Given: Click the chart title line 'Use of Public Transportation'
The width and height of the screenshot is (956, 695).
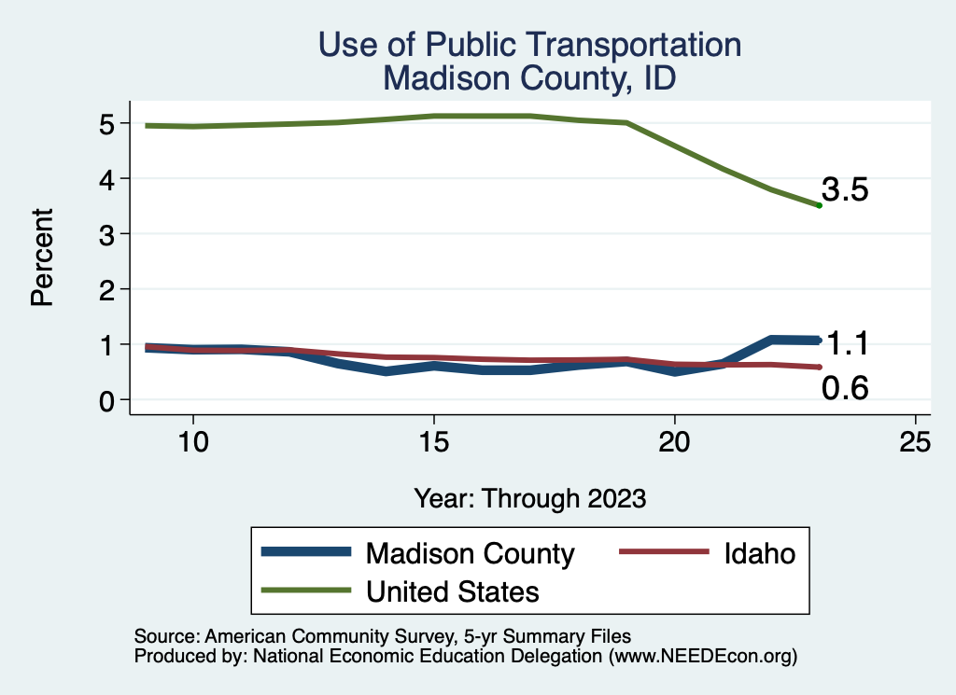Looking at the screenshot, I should [x=529, y=45].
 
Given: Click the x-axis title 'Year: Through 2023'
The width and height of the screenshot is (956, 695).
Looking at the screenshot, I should [x=529, y=498].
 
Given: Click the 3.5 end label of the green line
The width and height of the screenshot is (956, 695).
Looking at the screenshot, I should [x=845, y=191].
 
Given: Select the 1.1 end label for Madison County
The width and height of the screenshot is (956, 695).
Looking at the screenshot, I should [x=847, y=344].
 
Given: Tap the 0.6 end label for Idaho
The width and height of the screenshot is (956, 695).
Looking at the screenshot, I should [x=845, y=388].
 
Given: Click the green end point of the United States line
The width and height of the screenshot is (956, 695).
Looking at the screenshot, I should [x=819, y=205].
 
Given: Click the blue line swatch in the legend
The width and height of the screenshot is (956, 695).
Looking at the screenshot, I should [x=308, y=553].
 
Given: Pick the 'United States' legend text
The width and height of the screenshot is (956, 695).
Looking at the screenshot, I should [x=453, y=591].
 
